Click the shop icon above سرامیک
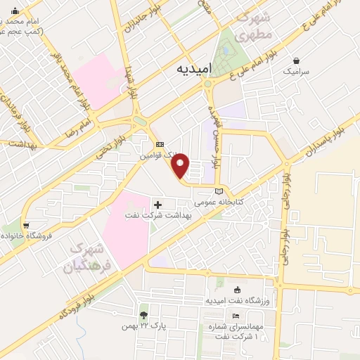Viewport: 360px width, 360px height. [297, 60]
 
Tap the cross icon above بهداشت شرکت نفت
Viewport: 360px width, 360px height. [156, 205]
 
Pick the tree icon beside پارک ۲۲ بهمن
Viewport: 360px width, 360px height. [143, 314]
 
